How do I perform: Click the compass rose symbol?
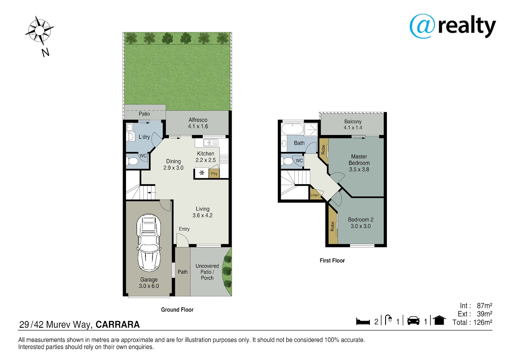(39, 30)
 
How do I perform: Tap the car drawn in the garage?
(149, 243)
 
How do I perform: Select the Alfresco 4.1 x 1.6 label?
(198, 123)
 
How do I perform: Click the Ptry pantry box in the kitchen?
(214, 174)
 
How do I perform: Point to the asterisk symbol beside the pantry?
(201, 173)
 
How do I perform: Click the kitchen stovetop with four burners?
(224, 159)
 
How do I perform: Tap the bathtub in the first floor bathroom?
(292, 129)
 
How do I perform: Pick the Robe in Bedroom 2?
(333, 227)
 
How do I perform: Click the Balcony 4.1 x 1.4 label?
(353, 125)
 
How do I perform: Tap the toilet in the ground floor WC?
(132, 161)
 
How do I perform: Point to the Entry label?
(184, 229)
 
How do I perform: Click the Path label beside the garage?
(183, 272)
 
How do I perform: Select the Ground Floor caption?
(177, 310)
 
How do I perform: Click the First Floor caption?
(332, 261)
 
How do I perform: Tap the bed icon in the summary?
(363, 321)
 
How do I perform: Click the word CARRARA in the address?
(118, 324)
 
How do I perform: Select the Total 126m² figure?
(472, 323)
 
